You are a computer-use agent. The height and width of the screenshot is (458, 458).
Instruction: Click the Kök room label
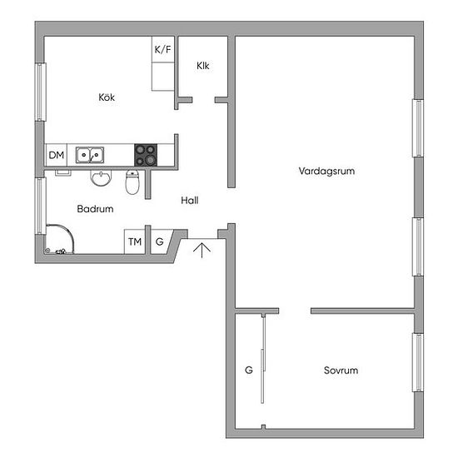pyautogui.click(x=107, y=97)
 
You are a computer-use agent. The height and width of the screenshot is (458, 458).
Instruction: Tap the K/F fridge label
pyautogui.click(x=162, y=49)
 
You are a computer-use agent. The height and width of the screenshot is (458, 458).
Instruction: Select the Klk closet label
pyautogui.click(x=203, y=66)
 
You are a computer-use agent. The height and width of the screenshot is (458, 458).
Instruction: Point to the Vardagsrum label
pyautogui.click(x=327, y=172)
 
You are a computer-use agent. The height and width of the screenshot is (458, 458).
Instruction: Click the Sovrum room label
pyautogui.click(x=341, y=371)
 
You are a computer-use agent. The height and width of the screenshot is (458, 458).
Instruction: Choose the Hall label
pyautogui.click(x=190, y=201)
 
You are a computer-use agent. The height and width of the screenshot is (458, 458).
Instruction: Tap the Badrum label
pyautogui.click(x=95, y=209)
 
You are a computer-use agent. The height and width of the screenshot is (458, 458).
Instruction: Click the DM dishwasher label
pyautogui.click(x=57, y=155)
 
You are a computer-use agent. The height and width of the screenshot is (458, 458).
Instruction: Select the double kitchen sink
pyautogui.click(x=90, y=155)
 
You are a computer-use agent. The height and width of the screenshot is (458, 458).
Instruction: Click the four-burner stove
pyautogui.click(x=146, y=155)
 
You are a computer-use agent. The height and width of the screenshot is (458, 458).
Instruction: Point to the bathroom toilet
pyautogui.click(x=132, y=182)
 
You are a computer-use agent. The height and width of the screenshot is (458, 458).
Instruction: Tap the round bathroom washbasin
pyautogui.click(x=101, y=178)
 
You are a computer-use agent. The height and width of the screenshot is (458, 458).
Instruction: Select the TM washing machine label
pyautogui.click(x=135, y=241)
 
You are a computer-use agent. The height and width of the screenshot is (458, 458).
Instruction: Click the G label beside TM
pyautogui.click(x=160, y=241)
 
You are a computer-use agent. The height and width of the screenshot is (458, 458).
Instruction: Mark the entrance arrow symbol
pyautogui.click(x=202, y=250)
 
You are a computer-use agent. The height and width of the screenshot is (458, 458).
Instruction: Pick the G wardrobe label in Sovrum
pyautogui.click(x=249, y=370)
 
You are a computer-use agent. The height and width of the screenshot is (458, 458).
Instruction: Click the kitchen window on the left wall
pyautogui.click(x=40, y=92)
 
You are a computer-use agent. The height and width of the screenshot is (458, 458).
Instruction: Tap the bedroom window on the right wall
pyautogui.click(x=418, y=362)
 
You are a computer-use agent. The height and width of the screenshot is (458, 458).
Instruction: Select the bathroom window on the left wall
pyautogui.click(x=40, y=206)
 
